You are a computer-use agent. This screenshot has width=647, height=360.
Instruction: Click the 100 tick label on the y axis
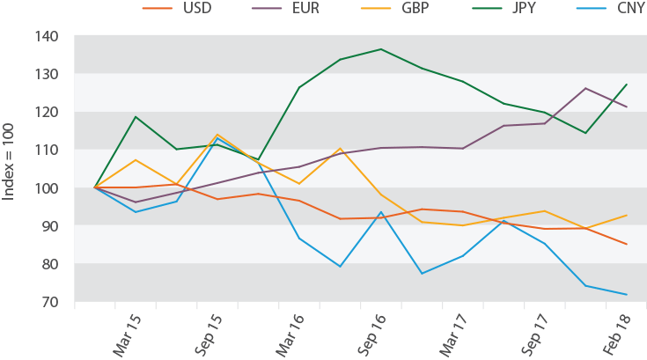47,187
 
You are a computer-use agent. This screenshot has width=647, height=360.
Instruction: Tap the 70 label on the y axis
49,302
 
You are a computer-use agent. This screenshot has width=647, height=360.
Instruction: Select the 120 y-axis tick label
47,112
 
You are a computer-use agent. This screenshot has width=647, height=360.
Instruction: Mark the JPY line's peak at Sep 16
379,49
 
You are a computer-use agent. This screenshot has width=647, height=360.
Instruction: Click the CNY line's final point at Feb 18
627,294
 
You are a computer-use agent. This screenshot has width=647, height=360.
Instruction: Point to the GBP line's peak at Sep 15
217,135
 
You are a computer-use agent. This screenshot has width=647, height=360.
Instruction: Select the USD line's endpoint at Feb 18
627,245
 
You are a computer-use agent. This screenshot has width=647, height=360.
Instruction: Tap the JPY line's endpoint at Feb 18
627,84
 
